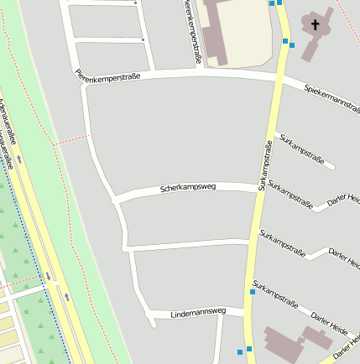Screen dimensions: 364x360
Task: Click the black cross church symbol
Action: tap(316, 24)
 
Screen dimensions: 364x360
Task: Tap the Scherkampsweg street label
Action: tap(188, 188)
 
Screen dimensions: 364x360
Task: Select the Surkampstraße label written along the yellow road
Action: tap(266, 165)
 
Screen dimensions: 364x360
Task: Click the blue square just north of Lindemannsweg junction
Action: tap(252, 293)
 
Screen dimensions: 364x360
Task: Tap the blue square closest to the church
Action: tap(292, 45)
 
